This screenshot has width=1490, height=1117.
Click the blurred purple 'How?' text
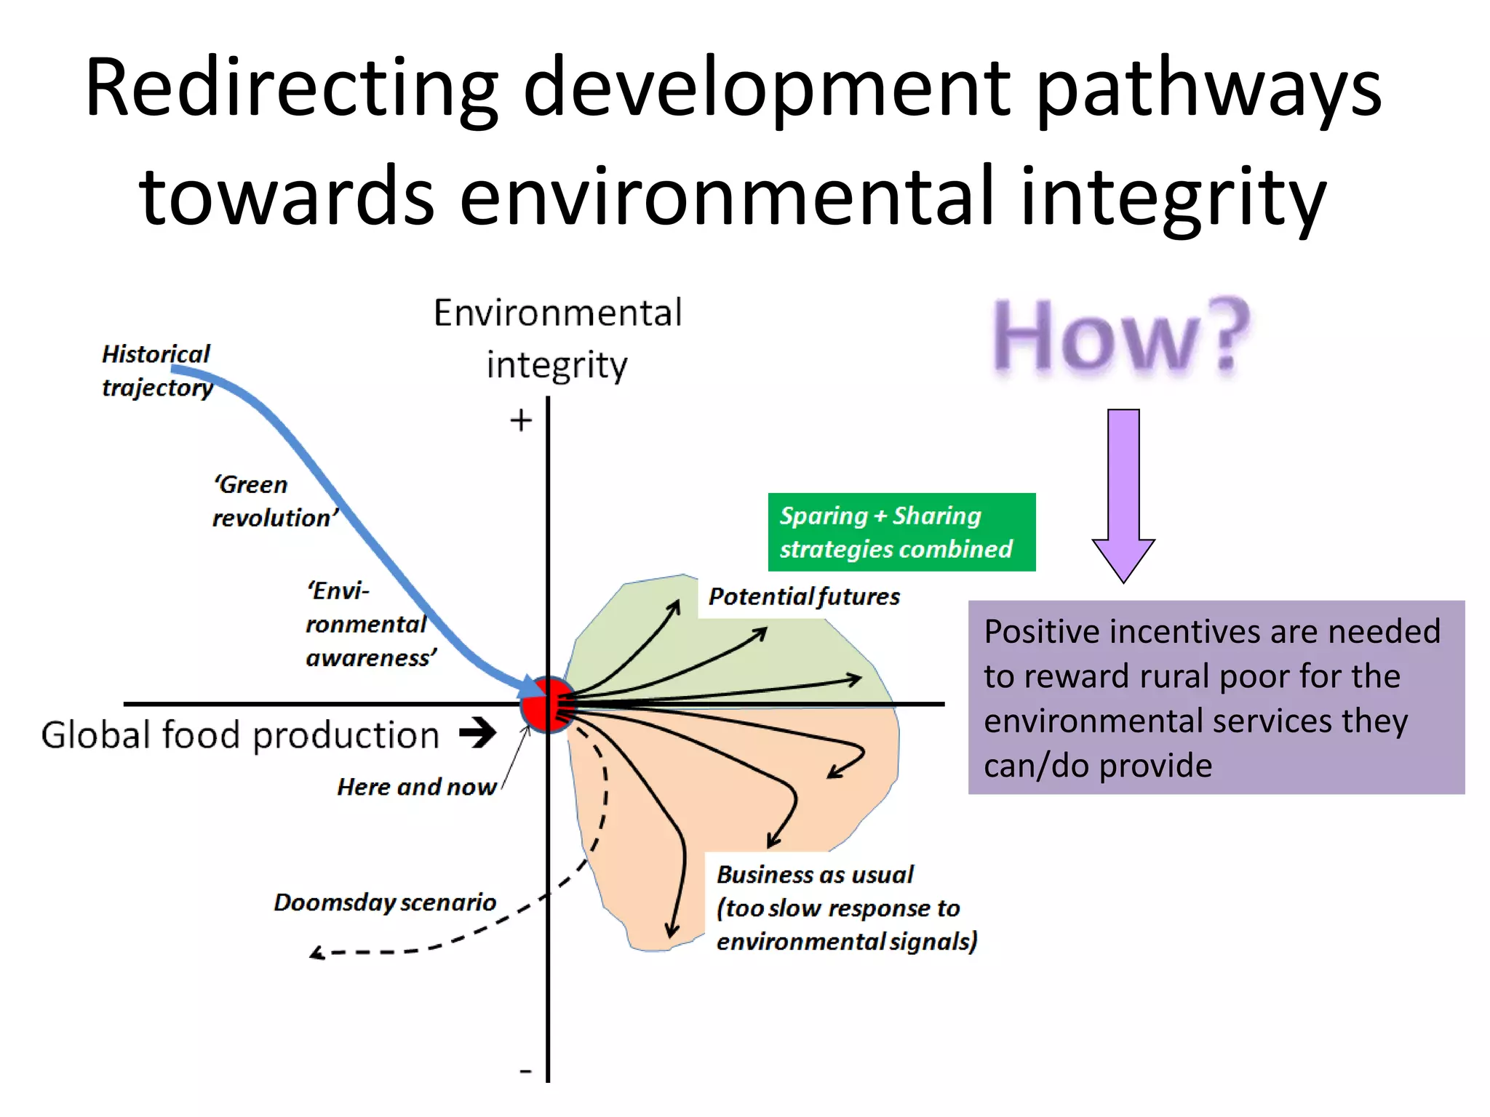tap(1120, 338)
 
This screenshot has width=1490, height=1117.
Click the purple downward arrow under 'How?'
tap(1123, 495)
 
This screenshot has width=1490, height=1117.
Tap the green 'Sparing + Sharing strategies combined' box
tap(901, 532)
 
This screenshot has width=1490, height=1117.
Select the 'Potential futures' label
tap(803, 597)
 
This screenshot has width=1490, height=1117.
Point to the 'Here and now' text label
tap(416, 787)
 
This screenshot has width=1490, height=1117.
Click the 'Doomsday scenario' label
tap(384, 902)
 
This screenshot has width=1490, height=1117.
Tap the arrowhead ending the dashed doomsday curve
tap(317, 953)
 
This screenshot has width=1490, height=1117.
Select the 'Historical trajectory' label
tap(156, 371)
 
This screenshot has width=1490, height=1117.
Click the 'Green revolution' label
tap(274, 502)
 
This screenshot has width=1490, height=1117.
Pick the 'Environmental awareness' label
tap(370, 624)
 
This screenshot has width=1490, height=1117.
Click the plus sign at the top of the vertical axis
tap(520, 420)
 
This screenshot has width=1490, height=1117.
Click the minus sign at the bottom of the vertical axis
tap(525, 1070)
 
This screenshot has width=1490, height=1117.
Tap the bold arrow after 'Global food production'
tap(478, 732)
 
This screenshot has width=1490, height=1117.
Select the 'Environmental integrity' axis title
tap(557, 339)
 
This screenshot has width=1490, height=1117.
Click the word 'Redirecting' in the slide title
tap(291, 89)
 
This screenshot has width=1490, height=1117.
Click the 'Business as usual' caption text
tap(815, 875)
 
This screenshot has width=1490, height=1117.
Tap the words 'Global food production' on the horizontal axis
tap(240, 735)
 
